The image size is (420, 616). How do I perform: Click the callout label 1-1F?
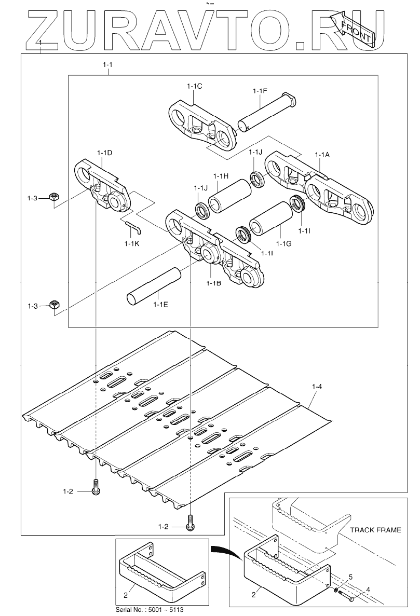(260, 91)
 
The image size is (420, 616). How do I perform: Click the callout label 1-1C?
(195, 86)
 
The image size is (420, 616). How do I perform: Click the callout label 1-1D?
(104, 153)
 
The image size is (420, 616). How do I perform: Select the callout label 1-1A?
(322, 155)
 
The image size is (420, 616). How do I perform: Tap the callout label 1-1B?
(213, 283)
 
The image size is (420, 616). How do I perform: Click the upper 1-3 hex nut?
(53, 196)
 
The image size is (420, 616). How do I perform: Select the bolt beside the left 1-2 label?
(96, 488)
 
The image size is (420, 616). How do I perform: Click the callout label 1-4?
(317, 387)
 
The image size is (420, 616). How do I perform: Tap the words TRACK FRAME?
(375, 530)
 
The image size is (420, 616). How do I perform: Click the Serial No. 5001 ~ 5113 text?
(150, 610)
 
